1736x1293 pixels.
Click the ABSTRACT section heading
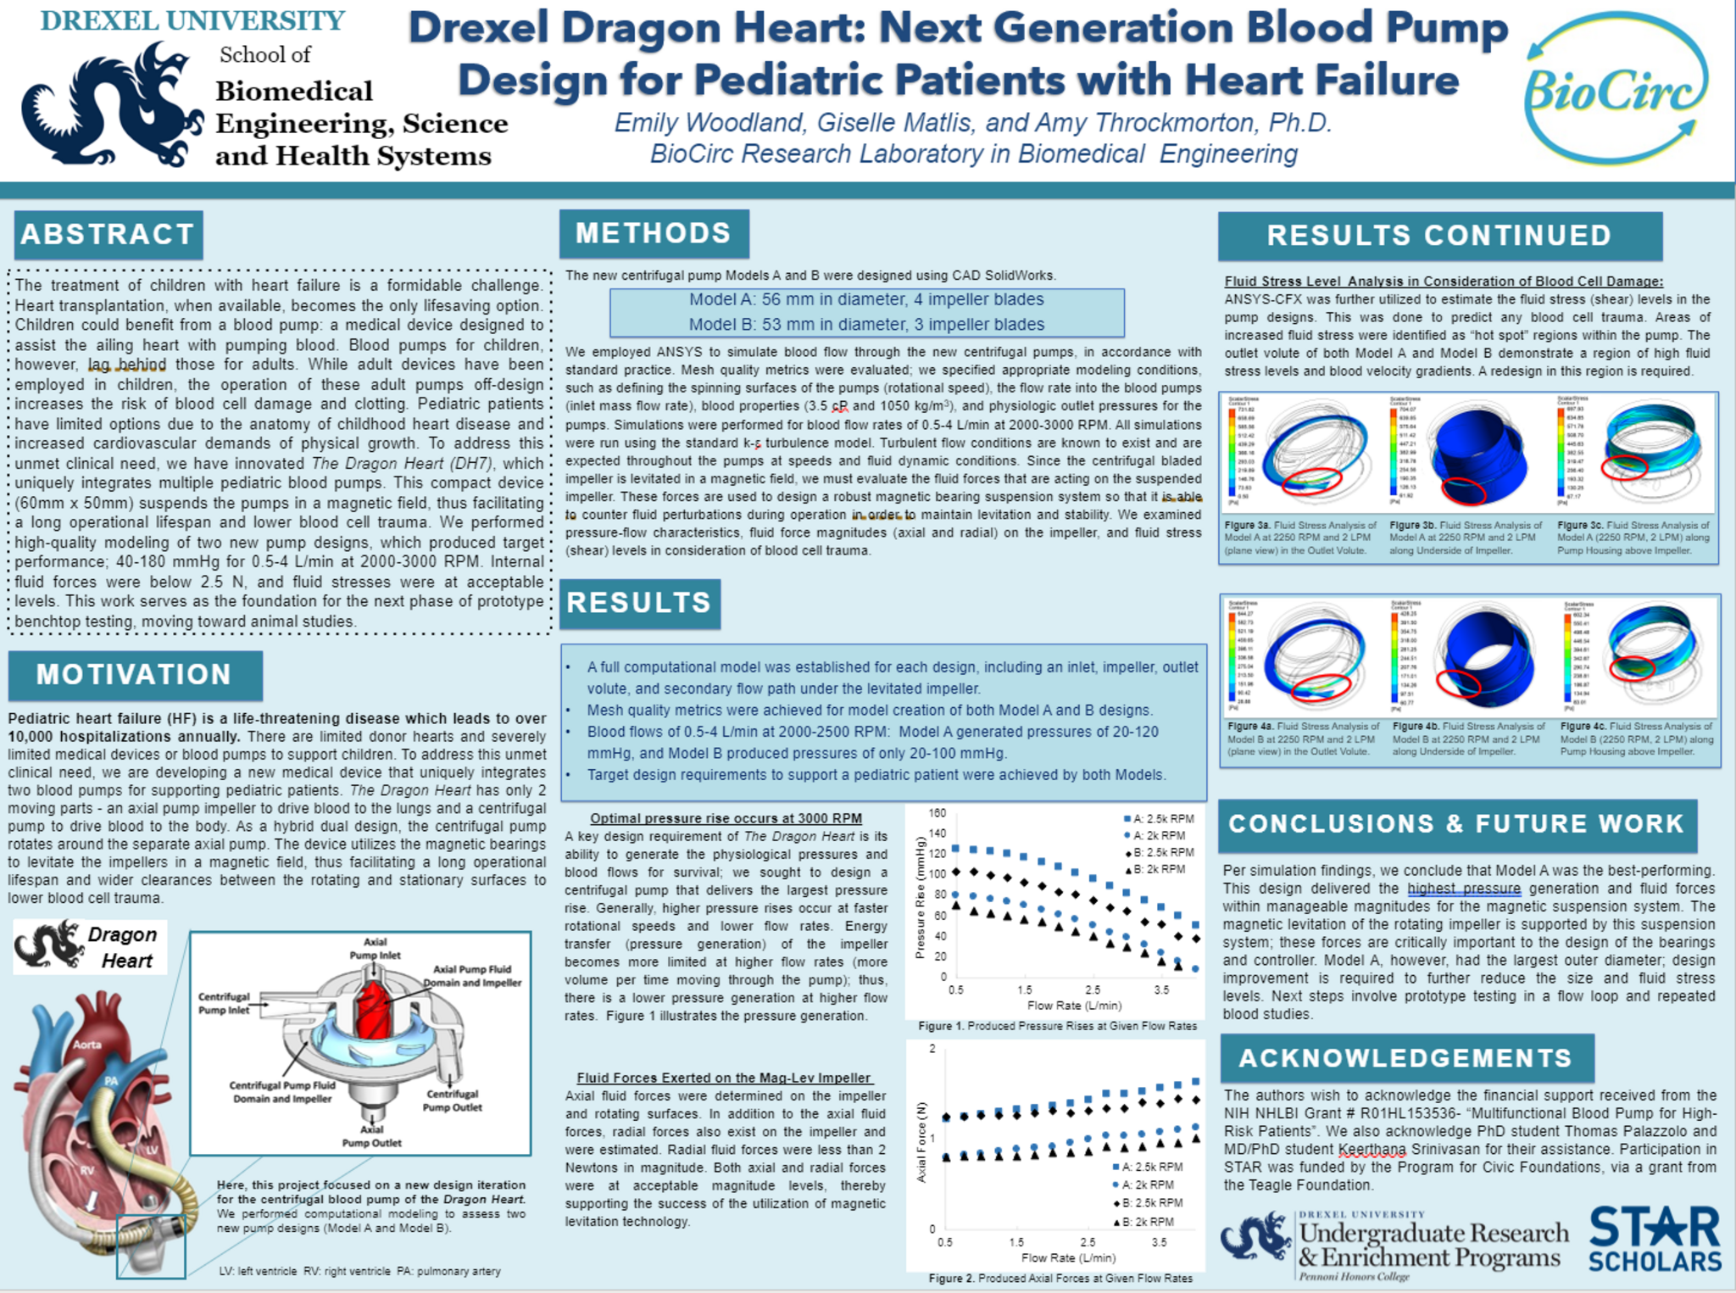click(108, 235)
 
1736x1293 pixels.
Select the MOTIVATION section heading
click(134, 675)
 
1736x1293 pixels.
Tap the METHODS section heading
click(653, 233)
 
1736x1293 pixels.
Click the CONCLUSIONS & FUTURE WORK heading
click(1455, 824)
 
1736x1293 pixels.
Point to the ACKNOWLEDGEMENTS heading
click(1405, 1058)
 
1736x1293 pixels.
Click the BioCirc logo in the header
click(1616, 89)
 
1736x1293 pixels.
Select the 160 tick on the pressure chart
click(937, 813)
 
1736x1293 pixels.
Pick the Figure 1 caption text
click(1057, 1026)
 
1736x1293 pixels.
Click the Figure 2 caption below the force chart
click(1060, 1278)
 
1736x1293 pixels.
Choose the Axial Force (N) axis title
click(921, 1141)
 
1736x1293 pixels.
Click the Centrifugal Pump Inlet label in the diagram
click(224, 1003)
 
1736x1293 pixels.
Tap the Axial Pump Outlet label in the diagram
click(371, 1136)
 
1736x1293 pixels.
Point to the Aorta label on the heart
click(87, 1045)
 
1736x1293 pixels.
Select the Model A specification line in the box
click(865, 300)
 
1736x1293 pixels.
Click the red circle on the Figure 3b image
click(1464, 490)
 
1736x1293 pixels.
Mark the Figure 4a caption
click(1303, 738)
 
